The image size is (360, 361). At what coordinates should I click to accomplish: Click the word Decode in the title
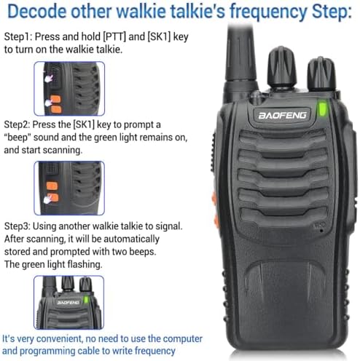pyautogui.click(x=38, y=12)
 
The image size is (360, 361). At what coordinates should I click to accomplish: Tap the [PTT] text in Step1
pyautogui.click(x=114, y=37)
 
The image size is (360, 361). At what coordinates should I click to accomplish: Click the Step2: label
pyautogui.click(x=17, y=124)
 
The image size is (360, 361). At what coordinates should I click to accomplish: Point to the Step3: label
pyautogui.click(x=17, y=226)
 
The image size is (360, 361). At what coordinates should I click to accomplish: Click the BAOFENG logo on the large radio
pyautogui.click(x=282, y=116)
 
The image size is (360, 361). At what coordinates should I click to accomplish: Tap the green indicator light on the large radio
pyautogui.click(x=323, y=109)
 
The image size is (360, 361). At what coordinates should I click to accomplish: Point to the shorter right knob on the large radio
pyautogui.click(x=321, y=74)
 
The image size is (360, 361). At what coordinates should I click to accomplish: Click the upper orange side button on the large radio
pyautogui.click(x=214, y=198)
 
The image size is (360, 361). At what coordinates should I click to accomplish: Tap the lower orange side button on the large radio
pyautogui.click(x=216, y=221)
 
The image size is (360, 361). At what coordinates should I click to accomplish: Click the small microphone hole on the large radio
pyautogui.click(x=321, y=230)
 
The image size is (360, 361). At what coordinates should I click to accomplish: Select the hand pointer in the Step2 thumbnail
pyautogui.click(x=48, y=199)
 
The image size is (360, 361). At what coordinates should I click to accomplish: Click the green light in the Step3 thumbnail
pyautogui.click(x=85, y=300)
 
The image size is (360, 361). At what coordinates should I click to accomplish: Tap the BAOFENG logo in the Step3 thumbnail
pyautogui.click(x=69, y=303)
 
